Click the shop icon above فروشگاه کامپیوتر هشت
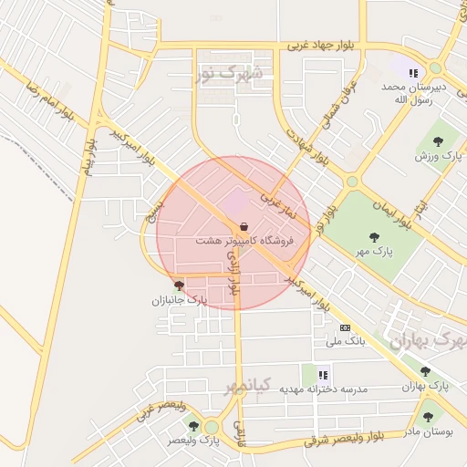coord(244,226)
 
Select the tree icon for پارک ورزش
coord(439,141)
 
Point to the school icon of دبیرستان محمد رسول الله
coord(413,72)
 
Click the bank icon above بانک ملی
coord(344,327)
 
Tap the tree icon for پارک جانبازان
coord(178,285)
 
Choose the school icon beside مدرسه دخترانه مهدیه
coord(322,374)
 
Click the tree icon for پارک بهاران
coord(425,371)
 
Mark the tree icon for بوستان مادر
coord(428,417)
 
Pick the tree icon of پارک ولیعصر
coord(192,425)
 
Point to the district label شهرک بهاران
coord(428,340)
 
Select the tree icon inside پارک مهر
coord(374,236)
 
